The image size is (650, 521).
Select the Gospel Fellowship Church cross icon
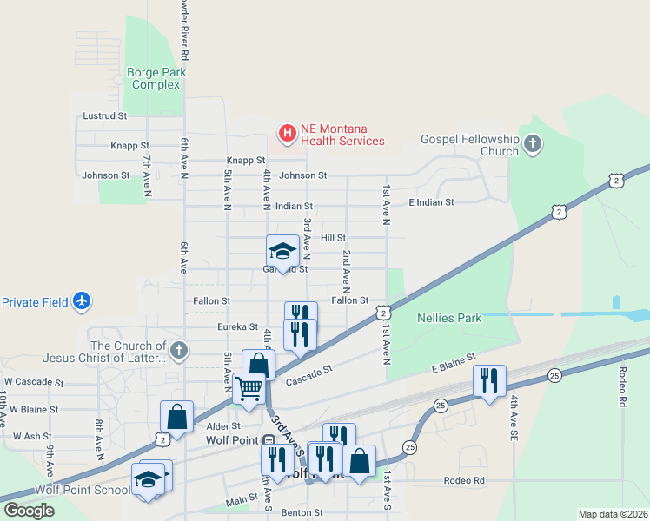533,144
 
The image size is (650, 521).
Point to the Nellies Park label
449,318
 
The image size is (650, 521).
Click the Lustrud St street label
104,115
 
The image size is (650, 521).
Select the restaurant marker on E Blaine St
489,380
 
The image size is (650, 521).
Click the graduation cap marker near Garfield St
282,251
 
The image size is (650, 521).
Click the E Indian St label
431,202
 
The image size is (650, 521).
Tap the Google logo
29,511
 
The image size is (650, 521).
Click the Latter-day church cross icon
178,351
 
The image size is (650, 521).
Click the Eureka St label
237,327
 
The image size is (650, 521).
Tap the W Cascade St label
34,382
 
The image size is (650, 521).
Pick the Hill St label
333,237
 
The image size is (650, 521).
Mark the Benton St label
302,513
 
